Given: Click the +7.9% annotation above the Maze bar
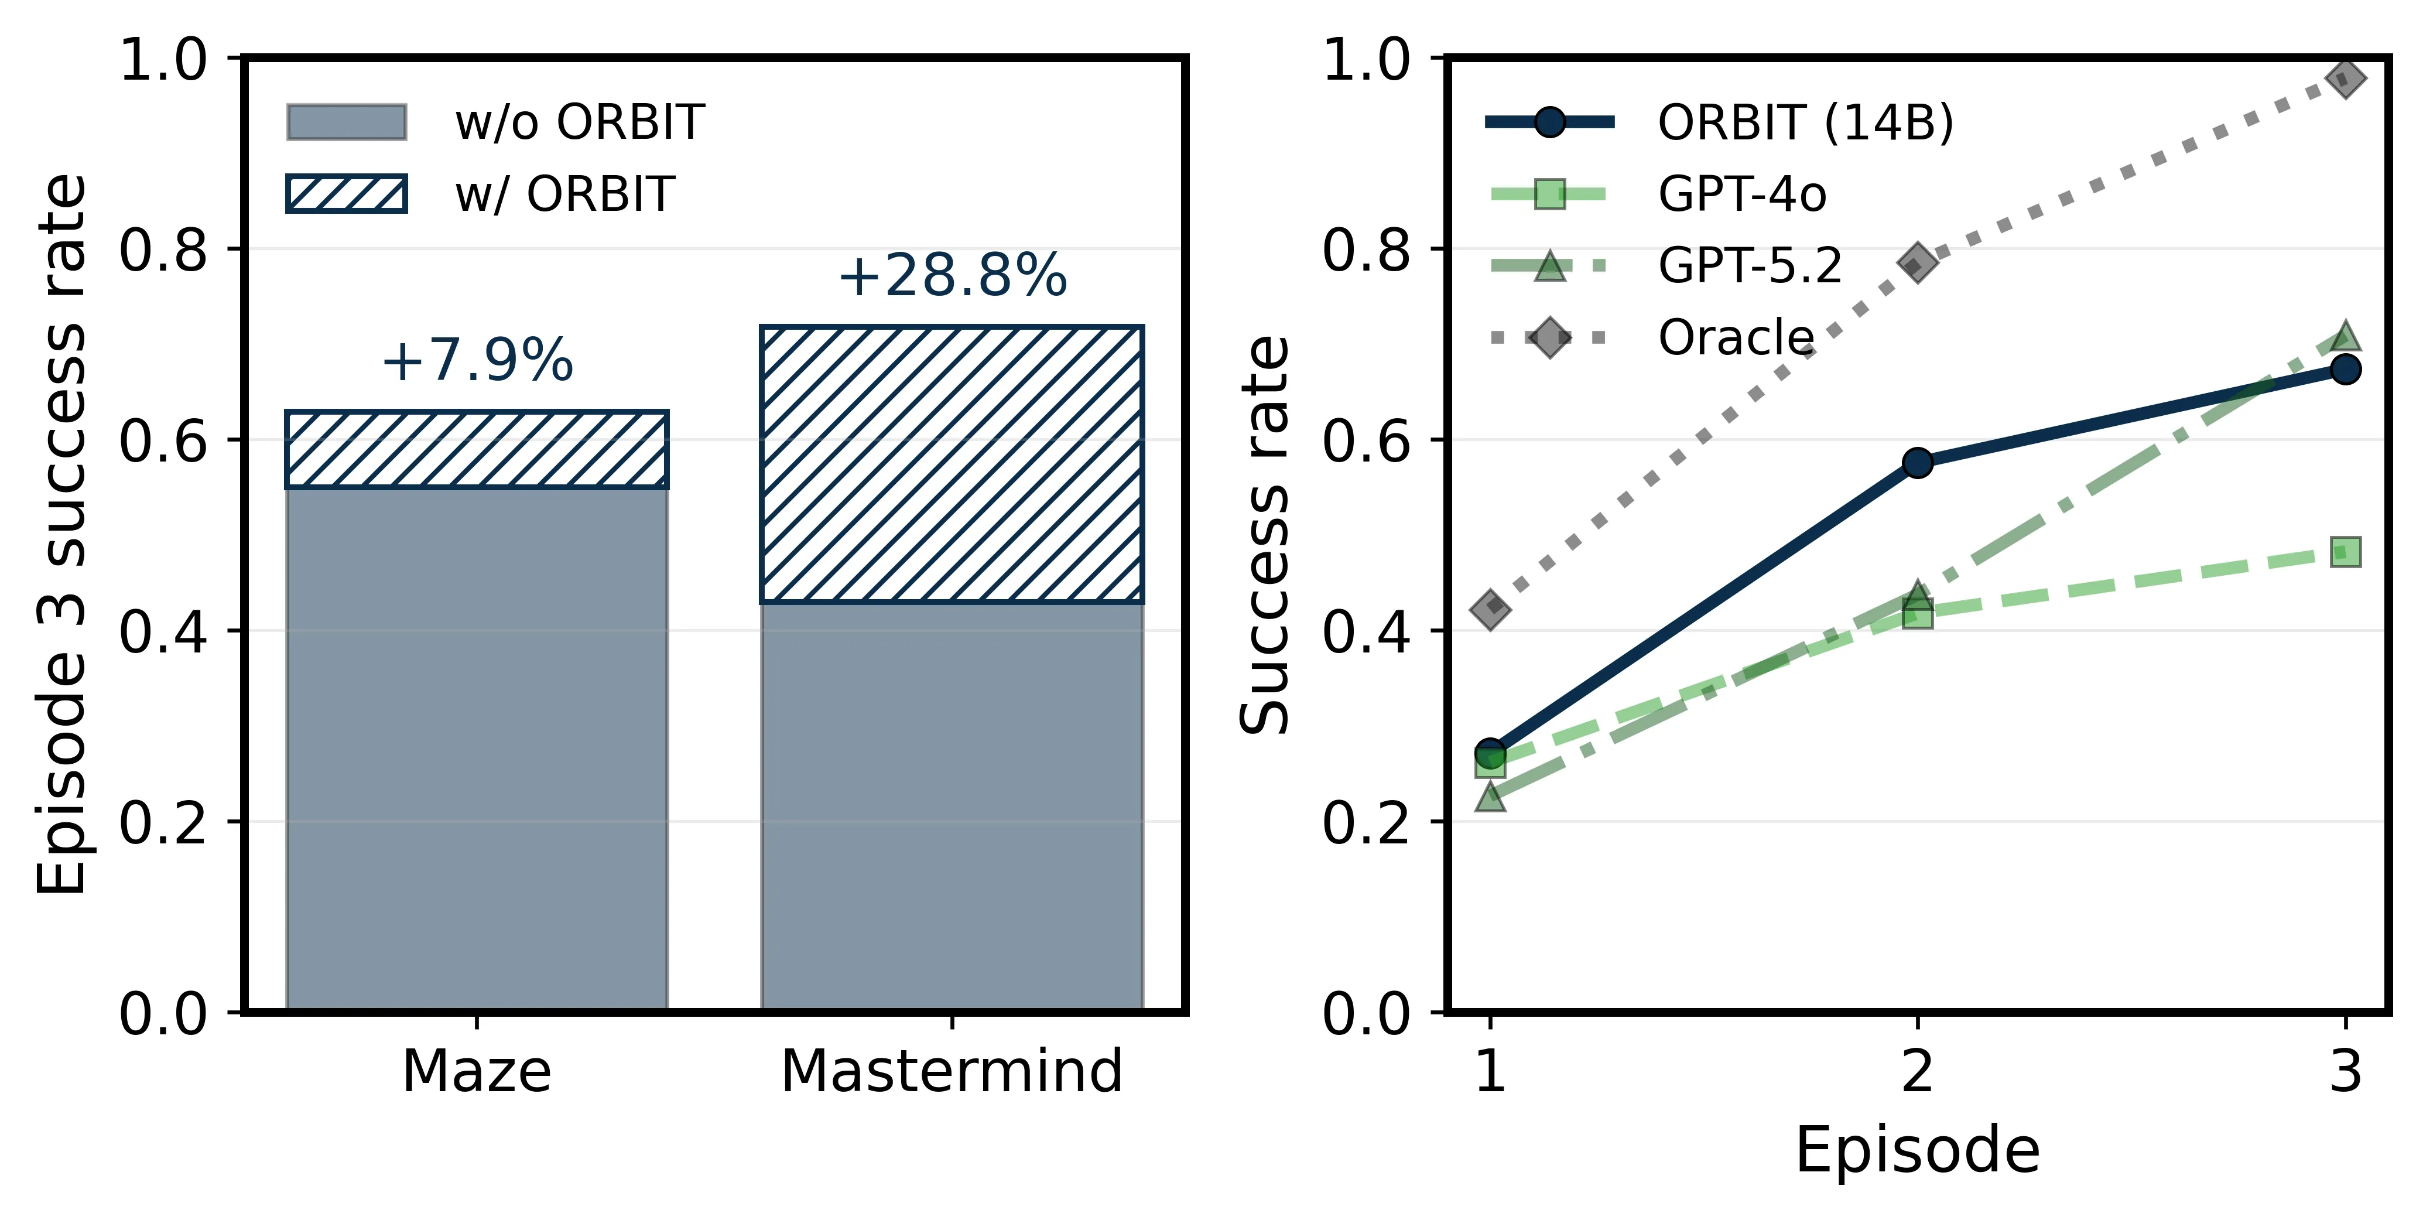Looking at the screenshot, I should coord(477,360).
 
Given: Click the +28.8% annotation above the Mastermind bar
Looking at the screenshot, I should coord(952,276).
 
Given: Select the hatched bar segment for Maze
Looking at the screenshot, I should coord(477,450).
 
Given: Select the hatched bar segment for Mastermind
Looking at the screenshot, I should coord(952,464).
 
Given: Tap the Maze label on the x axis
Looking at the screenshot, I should coord(476,1071).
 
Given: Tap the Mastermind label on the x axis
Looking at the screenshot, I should coord(952,1071).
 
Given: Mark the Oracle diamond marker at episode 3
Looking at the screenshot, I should coord(2346,79).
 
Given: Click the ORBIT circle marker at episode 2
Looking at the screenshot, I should coord(1918,462).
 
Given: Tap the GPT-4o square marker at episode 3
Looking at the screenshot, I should coord(2346,552).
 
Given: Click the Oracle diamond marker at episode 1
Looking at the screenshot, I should coord(1490,610).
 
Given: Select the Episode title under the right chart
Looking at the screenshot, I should coord(1917,1150).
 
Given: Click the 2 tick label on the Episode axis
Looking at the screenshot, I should coord(1918,1071).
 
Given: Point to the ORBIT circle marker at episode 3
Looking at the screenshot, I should coord(2346,370).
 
